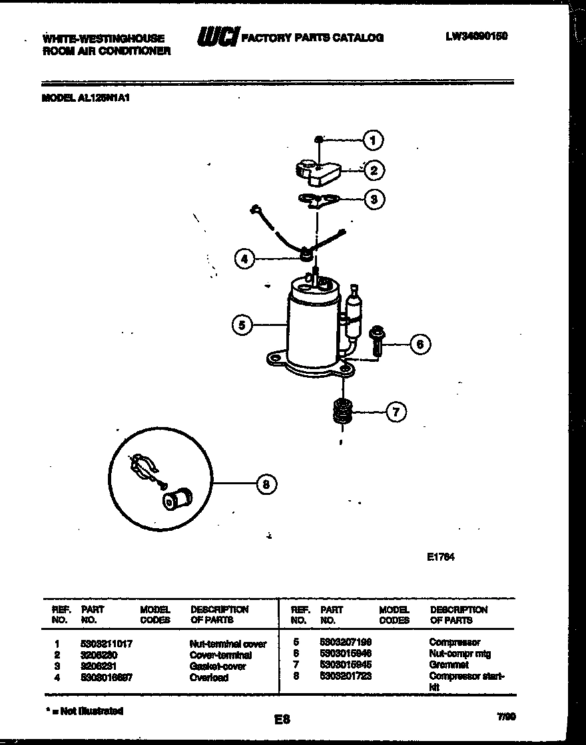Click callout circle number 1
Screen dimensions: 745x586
point(373,140)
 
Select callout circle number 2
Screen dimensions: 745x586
point(374,170)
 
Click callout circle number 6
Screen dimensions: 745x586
point(420,344)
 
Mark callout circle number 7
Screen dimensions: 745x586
point(396,412)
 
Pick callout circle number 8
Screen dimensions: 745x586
point(266,485)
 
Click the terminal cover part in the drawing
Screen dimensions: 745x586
point(317,171)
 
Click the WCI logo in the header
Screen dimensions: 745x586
point(216,38)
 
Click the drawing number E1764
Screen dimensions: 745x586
point(440,557)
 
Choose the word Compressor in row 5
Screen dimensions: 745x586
point(454,643)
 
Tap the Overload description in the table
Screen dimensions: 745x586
point(209,677)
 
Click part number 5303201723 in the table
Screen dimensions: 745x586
point(346,676)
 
